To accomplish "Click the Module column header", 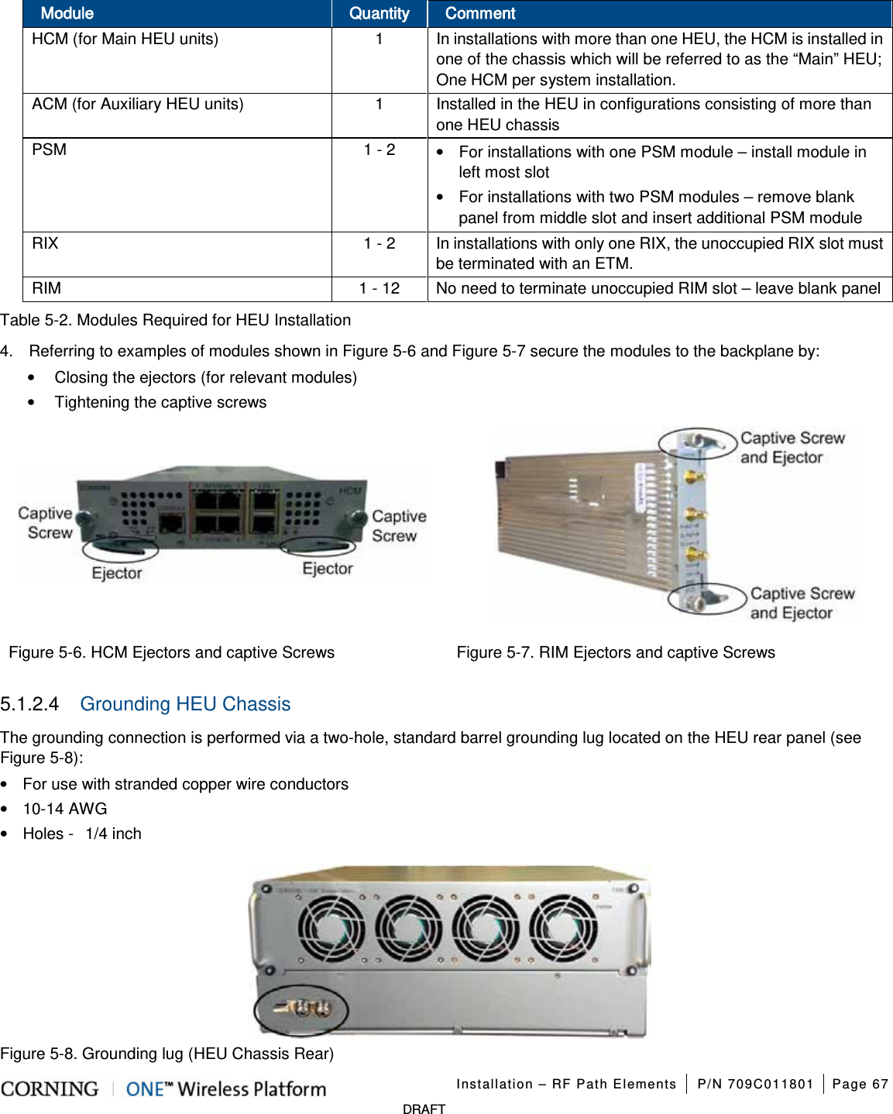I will [x=67, y=13].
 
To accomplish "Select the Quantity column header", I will [x=379, y=13].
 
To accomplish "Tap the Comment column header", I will [x=480, y=13].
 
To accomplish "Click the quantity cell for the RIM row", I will [x=379, y=288].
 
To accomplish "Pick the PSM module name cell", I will [x=50, y=150].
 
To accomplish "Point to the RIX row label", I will [x=46, y=243].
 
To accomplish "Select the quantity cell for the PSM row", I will [x=379, y=150].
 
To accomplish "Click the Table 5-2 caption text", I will [x=176, y=320].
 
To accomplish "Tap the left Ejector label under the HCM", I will [x=117, y=573].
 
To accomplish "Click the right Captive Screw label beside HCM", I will [x=398, y=526].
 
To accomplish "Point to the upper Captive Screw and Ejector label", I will [x=792, y=448].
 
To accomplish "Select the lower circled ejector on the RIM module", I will [x=706, y=599].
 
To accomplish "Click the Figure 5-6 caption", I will [x=172, y=652].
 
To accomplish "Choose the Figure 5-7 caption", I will [x=616, y=652].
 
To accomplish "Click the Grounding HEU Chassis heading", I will [x=185, y=704].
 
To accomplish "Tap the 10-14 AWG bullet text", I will [x=65, y=809].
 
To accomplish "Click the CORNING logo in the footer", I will [x=50, y=1089].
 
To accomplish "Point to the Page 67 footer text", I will [x=860, y=1084].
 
